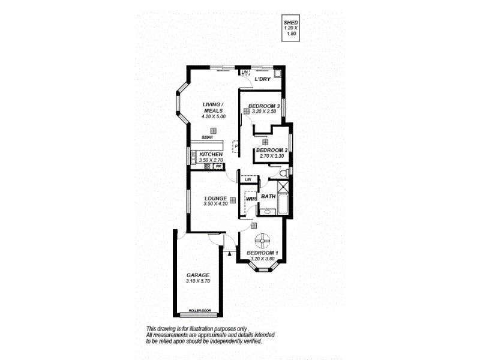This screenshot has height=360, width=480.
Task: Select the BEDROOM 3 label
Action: pos(265,106)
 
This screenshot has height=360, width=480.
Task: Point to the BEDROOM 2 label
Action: pos(272,150)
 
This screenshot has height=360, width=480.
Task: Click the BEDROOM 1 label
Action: pos(262,253)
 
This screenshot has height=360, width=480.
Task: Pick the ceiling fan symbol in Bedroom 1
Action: pos(262,241)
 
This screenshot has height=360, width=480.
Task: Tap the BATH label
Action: pos(268,196)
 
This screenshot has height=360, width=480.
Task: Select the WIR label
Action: pos(251,199)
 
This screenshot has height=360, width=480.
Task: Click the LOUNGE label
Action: pos(214,199)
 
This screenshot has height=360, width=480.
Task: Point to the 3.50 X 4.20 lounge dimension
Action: pos(214,205)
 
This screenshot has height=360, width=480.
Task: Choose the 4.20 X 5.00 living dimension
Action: pos(213,117)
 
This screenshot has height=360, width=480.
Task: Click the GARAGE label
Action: pos(197,275)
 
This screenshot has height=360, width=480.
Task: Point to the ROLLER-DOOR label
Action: pos(199,310)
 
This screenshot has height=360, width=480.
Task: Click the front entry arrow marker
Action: pos(230,254)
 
